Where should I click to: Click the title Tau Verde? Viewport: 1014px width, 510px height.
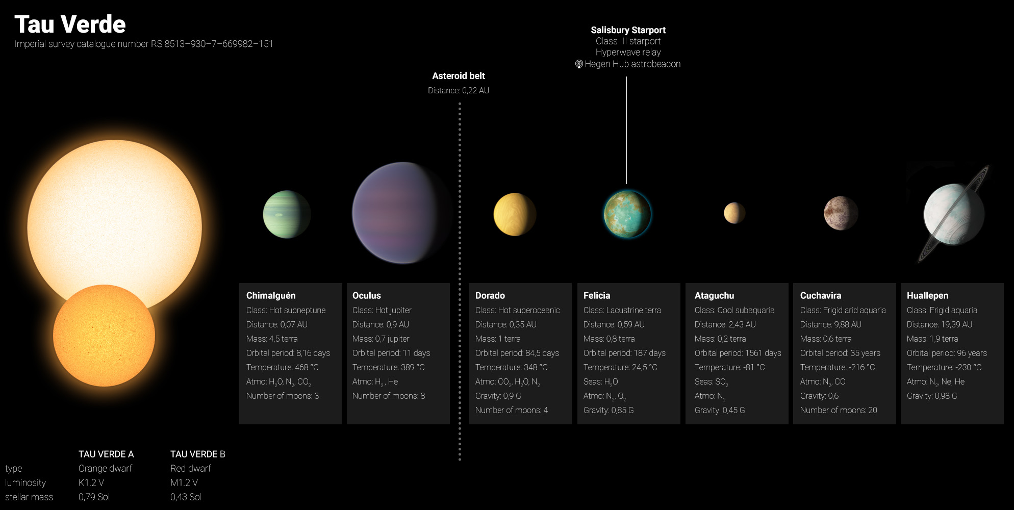coord(70,24)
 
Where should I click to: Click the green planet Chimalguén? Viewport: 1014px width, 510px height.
coord(287,214)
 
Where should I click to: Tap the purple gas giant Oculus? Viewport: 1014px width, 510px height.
coord(402,213)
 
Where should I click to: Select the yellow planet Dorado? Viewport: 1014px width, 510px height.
coord(515,214)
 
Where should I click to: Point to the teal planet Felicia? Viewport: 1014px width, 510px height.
coord(627,214)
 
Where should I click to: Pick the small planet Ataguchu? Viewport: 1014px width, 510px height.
coord(734,213)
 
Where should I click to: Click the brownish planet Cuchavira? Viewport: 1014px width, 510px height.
coord(841,213)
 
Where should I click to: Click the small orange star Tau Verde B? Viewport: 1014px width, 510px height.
coord(104,336)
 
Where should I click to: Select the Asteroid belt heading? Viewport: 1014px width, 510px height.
coord(459,76)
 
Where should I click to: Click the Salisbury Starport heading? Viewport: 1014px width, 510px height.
coord(628,30)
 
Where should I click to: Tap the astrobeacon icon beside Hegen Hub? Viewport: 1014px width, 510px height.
coord(579,64)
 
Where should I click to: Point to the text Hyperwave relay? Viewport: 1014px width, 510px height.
coord(628,53)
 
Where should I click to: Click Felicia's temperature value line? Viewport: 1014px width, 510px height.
coord(620,367)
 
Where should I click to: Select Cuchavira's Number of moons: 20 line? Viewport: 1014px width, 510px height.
coord(839,410)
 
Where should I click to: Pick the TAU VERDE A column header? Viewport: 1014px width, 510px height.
coord(106,454)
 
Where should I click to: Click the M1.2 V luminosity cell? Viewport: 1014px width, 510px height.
coord(184,482)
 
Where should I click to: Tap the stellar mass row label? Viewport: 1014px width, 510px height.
coord(29,497)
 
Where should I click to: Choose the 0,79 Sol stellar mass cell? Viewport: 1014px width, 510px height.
coord(94,497)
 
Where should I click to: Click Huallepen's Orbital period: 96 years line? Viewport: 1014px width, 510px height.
coord(947,353)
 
